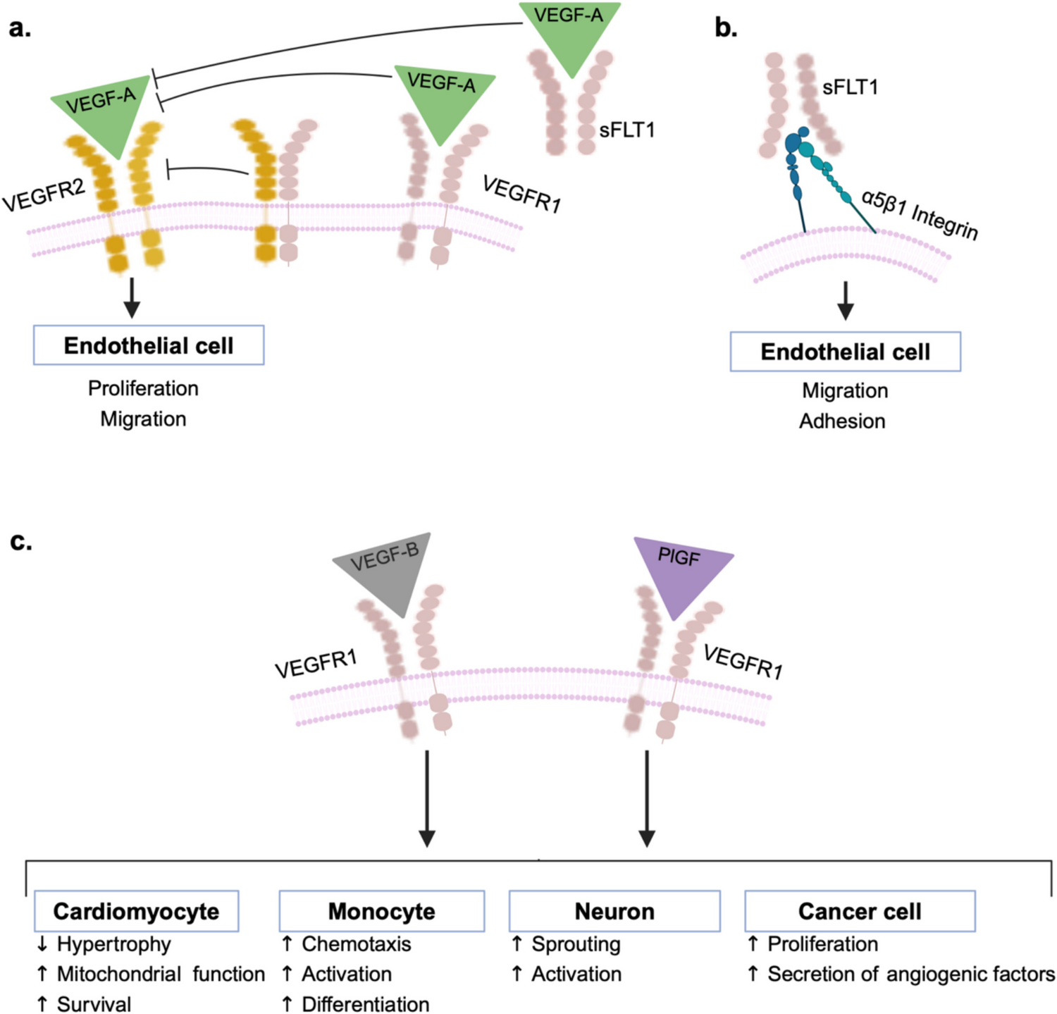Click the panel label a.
(20, 29)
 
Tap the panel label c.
(20, 542)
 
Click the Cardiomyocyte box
(137, 911)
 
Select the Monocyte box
(381, 911)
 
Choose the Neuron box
(614, 911)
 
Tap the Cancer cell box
(860, 911)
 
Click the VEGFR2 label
(44, 194)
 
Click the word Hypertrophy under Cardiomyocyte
(113, 944)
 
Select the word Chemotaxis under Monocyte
(356, 944)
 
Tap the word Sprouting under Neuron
(576, 944)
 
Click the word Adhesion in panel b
(842, 421)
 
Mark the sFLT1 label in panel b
(850, 87)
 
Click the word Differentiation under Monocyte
(365, 1004)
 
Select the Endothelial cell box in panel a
(149, 345)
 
